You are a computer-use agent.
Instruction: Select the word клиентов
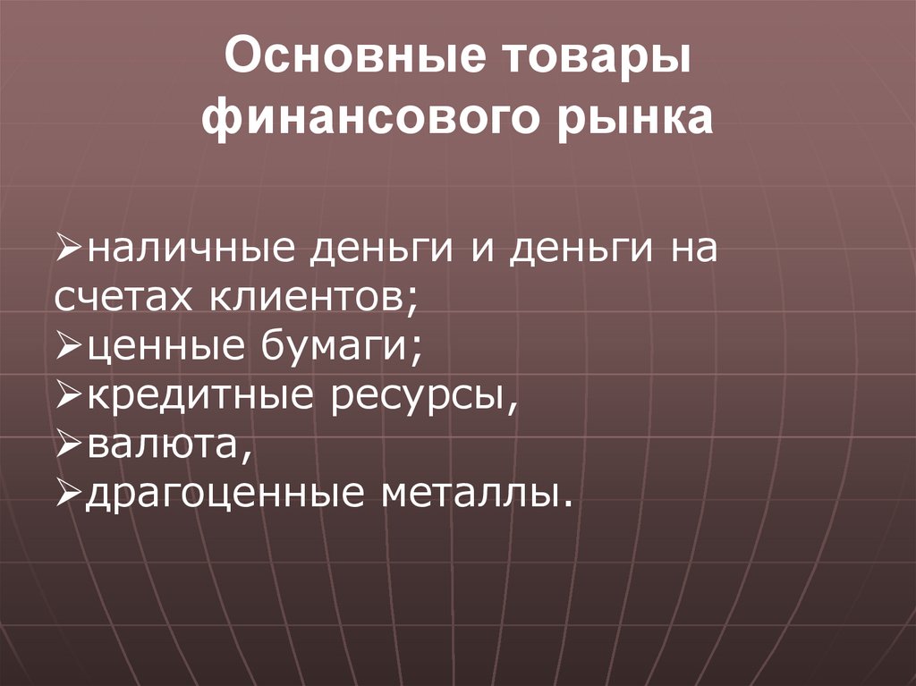(x=314, y=299)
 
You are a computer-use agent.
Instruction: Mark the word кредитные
(x=197, y=396)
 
